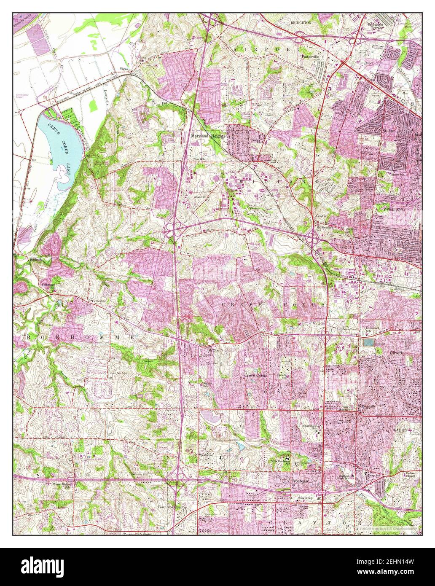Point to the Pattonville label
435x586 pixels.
(311, 56)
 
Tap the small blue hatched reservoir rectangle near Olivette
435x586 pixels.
(369, 343)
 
